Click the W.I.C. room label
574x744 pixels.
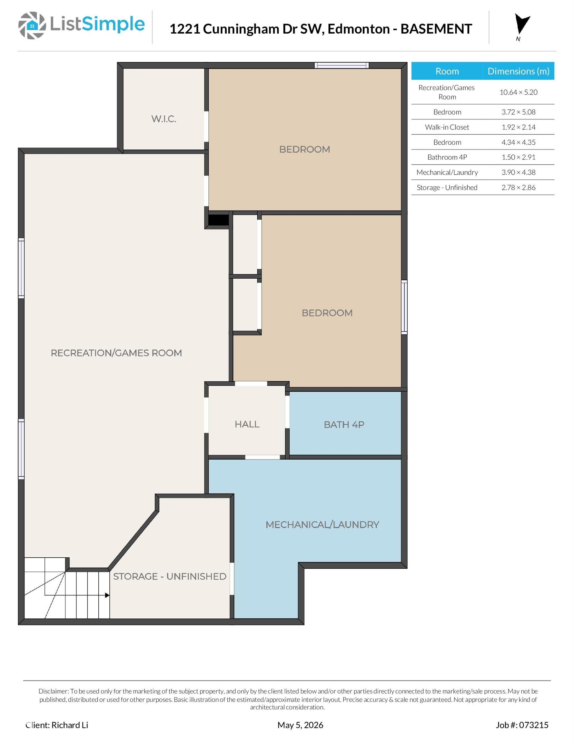164,119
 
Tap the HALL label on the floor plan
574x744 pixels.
247,424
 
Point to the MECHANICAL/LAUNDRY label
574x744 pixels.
322,525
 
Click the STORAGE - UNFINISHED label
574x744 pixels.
170,576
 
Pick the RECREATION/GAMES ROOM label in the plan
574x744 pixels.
116,353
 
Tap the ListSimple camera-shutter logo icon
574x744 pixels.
32,25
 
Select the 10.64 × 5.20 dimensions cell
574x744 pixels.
518,92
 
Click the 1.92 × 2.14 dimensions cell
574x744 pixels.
518,127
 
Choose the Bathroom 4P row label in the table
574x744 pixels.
447,157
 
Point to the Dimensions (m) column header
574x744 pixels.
518,71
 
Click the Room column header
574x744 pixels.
447,71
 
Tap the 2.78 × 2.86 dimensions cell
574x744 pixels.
518,187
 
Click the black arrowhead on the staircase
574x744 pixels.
107,595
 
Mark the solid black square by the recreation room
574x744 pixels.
218,220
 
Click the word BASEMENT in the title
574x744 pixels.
436,29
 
